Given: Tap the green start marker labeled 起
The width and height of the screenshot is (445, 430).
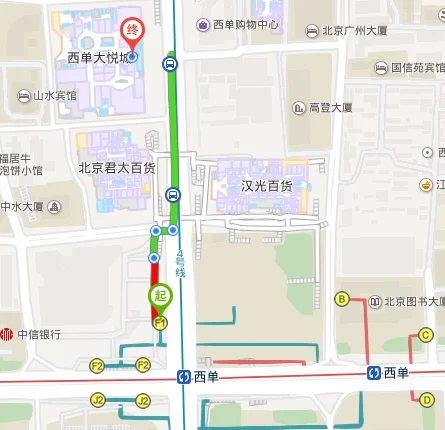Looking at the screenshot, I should (x=160, y=297).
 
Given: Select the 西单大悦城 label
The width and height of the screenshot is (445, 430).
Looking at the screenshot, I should (x=97, y=58).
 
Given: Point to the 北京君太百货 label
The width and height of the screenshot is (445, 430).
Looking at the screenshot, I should (x=116, y=168).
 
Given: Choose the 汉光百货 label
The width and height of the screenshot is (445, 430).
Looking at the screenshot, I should (x=266, y=185).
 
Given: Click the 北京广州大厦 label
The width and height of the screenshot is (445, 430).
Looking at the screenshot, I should (x=354, y=31).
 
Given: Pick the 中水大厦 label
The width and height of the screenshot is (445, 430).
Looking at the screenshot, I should (x=22, y=207).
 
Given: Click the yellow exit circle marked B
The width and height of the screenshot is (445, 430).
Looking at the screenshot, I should (x=341, y=299).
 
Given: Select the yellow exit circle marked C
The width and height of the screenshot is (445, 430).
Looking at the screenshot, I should (x=425, y=335).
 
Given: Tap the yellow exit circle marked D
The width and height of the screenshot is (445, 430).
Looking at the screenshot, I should (x=426, y=399).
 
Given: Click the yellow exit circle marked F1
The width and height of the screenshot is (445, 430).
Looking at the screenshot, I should (x=158, y=323).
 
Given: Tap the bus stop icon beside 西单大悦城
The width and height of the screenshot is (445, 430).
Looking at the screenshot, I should (x=169, y=65).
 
